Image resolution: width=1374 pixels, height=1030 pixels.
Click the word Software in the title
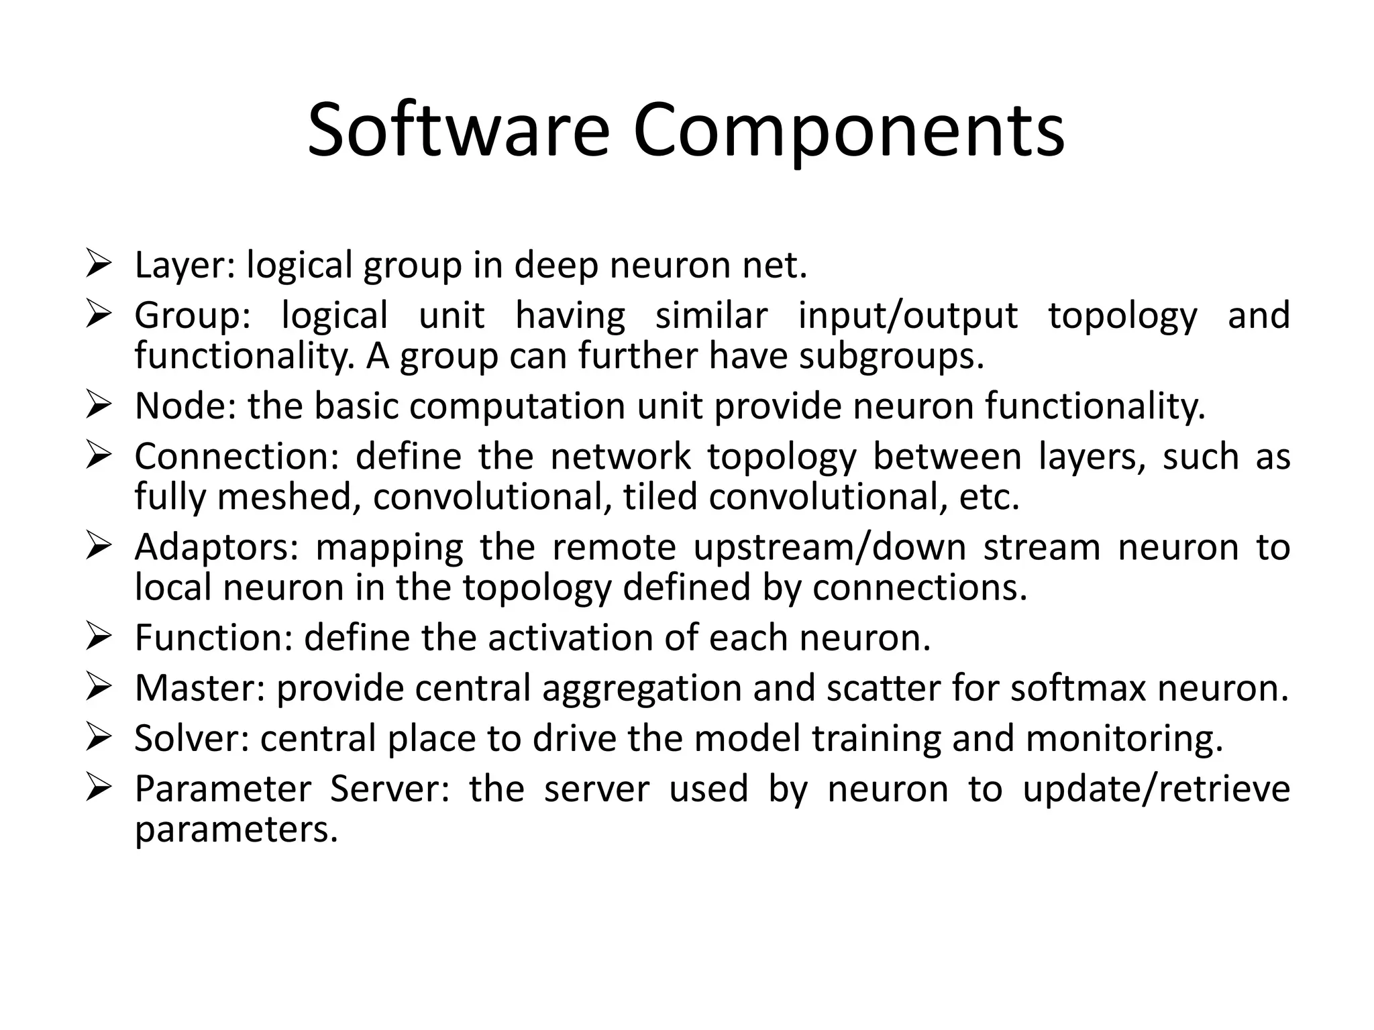[x=458, y=131]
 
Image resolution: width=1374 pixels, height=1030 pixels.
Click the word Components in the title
[x=848, y=131]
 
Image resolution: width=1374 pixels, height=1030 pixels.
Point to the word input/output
[x=908, y=317]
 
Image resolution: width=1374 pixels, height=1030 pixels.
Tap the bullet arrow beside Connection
[x=98, y=456]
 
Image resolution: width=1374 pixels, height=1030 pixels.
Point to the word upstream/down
[x=829, y=548]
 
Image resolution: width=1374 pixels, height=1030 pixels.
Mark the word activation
[x=570, y=638]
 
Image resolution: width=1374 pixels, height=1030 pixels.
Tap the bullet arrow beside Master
[x=98, y=688]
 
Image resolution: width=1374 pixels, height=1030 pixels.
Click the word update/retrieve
[x=1156, y=789]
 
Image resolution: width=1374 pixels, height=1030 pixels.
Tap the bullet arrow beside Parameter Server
[x=98, y=789]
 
